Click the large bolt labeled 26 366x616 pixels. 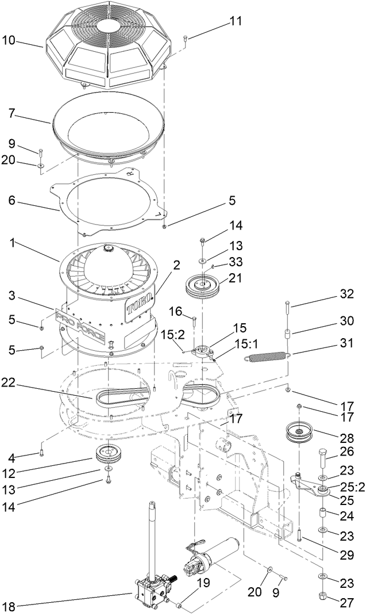(323, 458)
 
